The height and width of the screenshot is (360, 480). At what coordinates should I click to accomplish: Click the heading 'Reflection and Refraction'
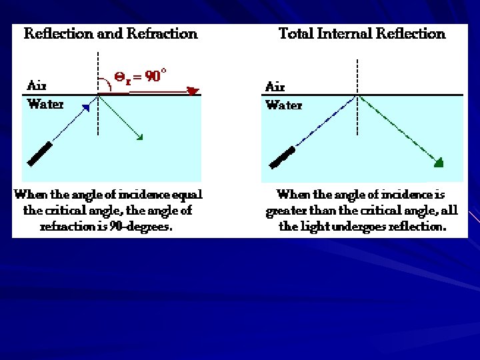(111, 33)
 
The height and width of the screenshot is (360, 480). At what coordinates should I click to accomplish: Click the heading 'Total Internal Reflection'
(361, 33)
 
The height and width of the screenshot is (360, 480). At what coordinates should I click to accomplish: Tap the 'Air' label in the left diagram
(37, 86)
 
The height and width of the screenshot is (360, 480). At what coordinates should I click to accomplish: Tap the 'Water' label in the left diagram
(45, 104)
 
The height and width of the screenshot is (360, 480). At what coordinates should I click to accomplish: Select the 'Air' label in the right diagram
(275, 87)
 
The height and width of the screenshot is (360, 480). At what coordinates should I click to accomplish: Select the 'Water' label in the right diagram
(283, 105)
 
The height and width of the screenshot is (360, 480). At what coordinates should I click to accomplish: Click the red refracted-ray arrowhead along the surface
(193, 91)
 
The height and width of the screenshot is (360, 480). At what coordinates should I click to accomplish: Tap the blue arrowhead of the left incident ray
(85, 107)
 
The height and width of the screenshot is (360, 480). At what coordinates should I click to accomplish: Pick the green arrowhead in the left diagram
(139, 137)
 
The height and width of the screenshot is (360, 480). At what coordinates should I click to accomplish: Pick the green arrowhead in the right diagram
(437, 162)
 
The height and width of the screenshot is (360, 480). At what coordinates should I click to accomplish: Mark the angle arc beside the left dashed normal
(105, 85)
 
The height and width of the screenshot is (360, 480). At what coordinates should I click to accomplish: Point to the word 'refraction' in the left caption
(67, 227)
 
